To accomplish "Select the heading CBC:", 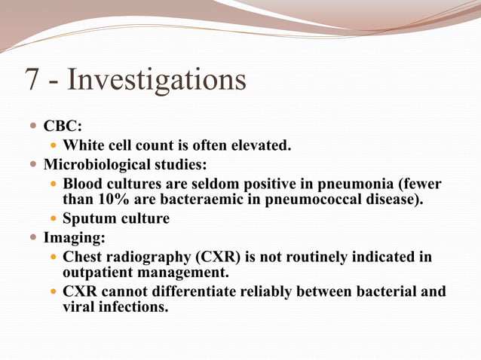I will pos(63,127).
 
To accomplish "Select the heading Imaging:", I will pos(74,238).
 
